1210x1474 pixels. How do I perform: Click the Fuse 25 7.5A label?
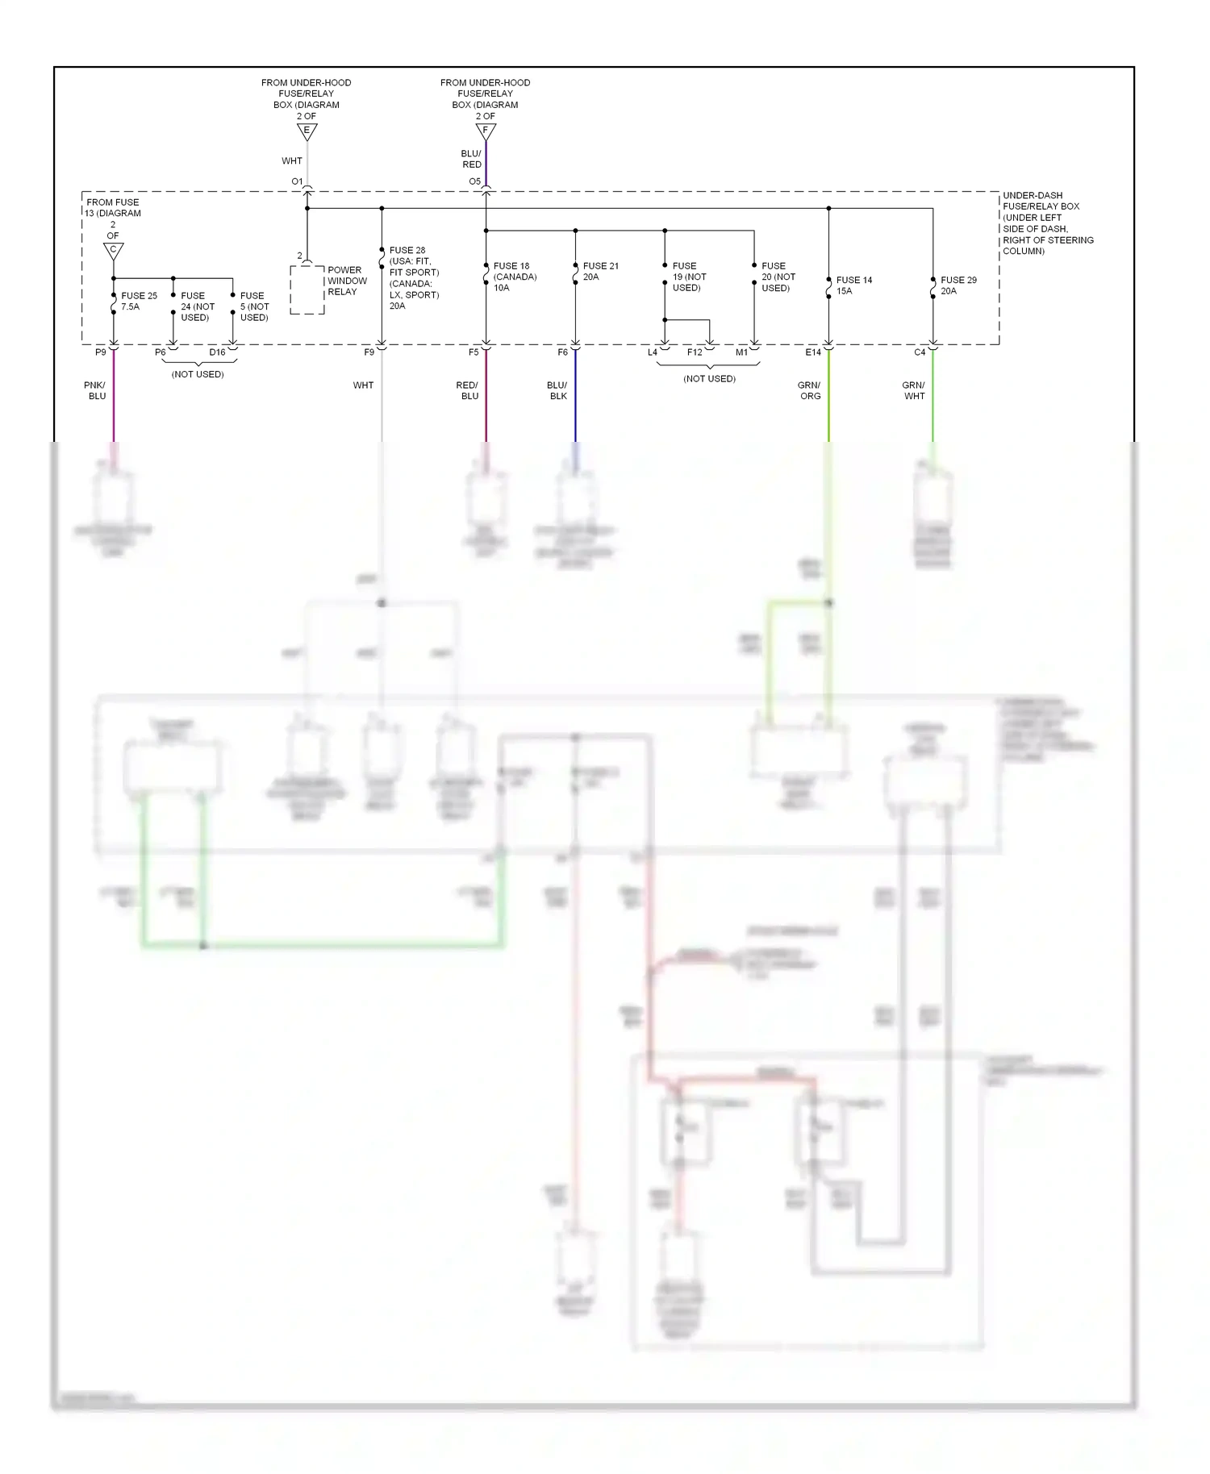139,302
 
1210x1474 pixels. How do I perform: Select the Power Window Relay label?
347,281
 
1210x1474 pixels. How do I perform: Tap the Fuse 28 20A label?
414,278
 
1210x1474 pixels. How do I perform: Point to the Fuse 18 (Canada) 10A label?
515,277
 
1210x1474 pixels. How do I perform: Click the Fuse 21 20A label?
600,271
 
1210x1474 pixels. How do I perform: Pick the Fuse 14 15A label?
853,285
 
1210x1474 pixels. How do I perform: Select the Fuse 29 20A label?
958,285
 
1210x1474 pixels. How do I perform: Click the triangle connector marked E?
307,131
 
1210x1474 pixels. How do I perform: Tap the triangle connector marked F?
486,131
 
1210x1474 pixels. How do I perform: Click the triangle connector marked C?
114,251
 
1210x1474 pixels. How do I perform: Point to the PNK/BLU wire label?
95,391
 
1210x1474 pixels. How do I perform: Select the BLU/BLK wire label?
557,391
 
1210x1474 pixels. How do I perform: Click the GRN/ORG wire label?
809,391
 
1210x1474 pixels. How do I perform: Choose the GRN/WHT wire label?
913,391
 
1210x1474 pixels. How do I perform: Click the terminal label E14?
812,352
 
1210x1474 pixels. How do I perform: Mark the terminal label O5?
474,181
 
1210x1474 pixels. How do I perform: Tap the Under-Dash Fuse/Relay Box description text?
1047,223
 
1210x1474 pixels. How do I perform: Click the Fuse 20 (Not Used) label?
778,277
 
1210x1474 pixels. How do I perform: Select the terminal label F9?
369,352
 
